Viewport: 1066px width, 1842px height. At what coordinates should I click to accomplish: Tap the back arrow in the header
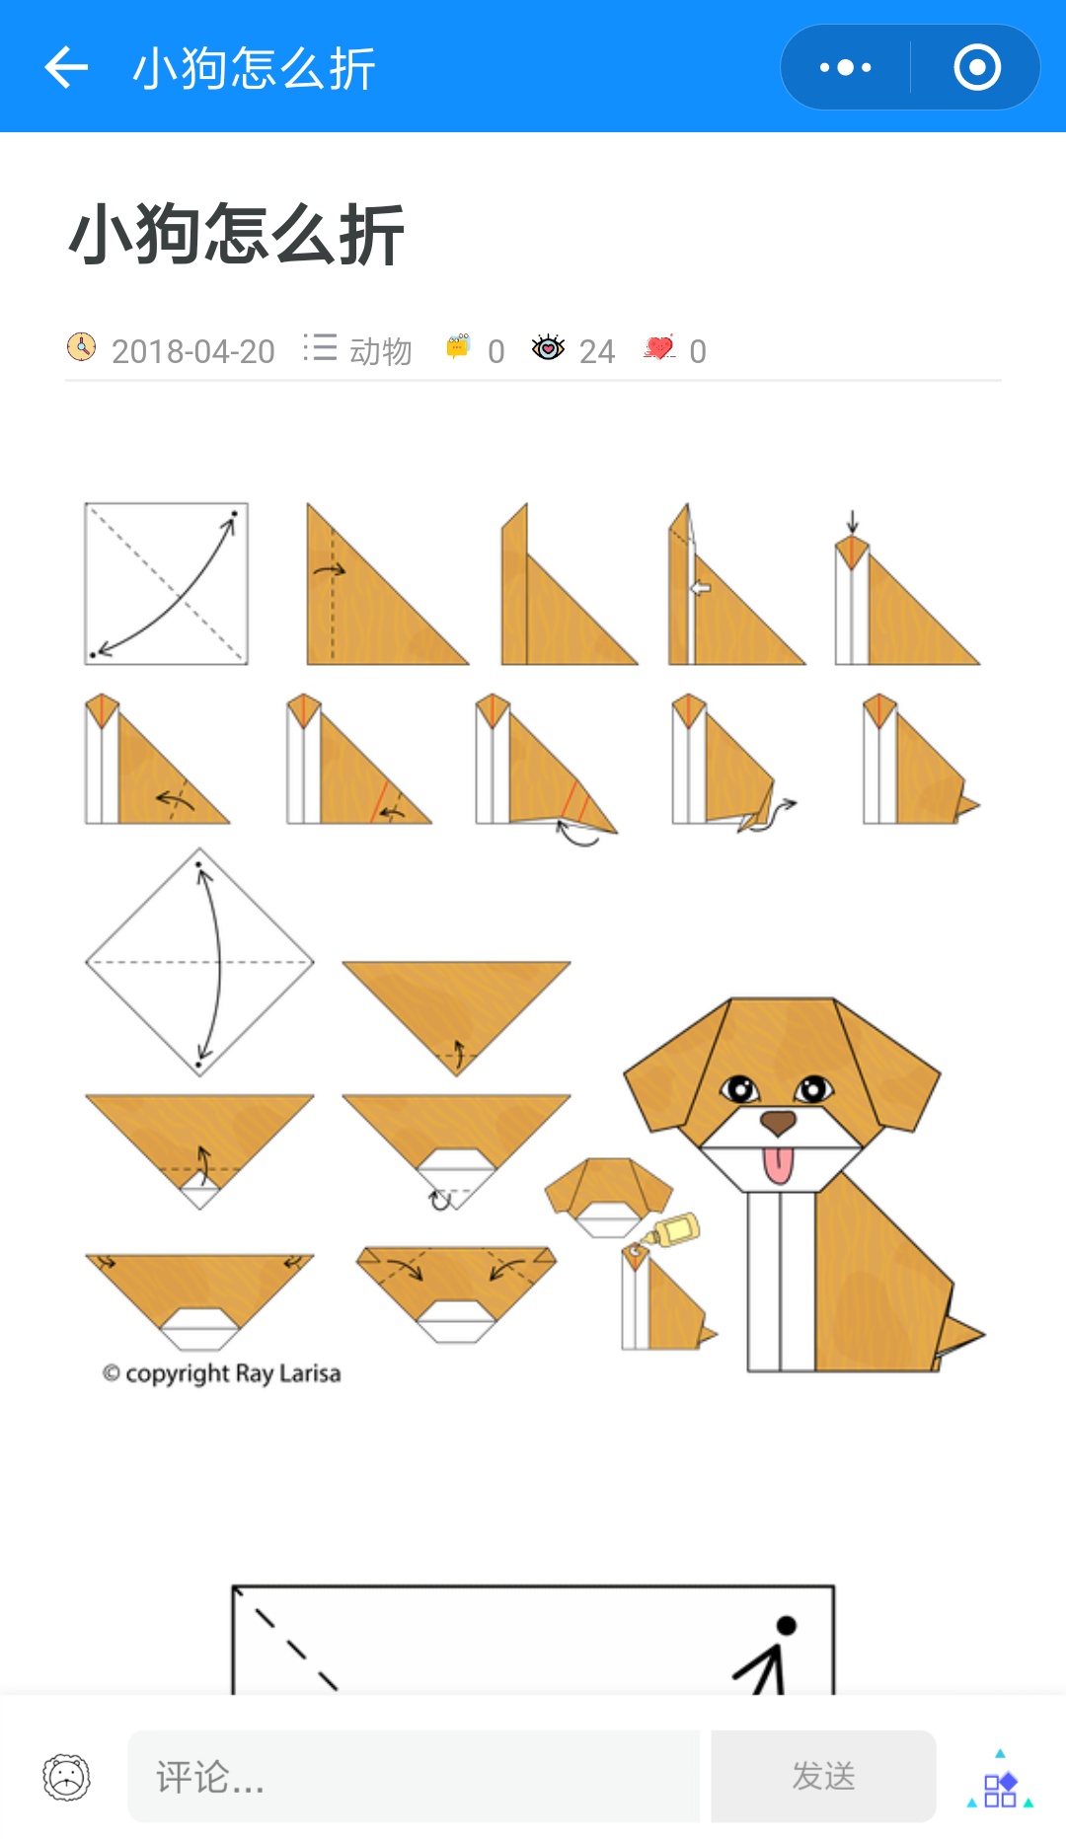point(67,67)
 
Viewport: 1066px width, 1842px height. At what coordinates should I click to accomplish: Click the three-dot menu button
point(846,67)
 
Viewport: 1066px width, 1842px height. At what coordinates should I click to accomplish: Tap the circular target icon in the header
point(977,67)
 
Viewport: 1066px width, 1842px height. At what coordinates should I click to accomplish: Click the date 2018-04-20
point(193,351)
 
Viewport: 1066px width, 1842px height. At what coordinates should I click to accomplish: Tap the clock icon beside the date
point(81,347)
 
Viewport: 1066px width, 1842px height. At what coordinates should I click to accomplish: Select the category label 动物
point(381,351)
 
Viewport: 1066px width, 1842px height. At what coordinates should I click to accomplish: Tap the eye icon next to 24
point(548,347)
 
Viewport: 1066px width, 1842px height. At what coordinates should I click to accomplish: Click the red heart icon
point(659,347)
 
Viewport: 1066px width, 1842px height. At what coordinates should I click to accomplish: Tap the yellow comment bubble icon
point(458,346)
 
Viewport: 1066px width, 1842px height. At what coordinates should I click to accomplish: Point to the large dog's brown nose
point(778,1121)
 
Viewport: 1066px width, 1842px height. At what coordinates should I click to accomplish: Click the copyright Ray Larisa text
point(222,1373)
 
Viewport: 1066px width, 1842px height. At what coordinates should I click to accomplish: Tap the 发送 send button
point(823,1776)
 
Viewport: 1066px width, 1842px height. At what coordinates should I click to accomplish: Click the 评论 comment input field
point(414,1776)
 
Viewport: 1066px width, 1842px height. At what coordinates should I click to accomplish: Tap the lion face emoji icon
point(66,1777)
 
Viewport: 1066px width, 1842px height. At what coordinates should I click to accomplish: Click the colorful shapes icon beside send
point(1000,1780)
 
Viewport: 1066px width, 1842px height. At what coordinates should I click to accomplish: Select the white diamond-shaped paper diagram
point(199,962)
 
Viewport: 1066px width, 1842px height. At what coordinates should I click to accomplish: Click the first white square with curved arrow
point(166,583)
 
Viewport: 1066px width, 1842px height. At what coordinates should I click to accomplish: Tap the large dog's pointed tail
point(959,1333)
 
